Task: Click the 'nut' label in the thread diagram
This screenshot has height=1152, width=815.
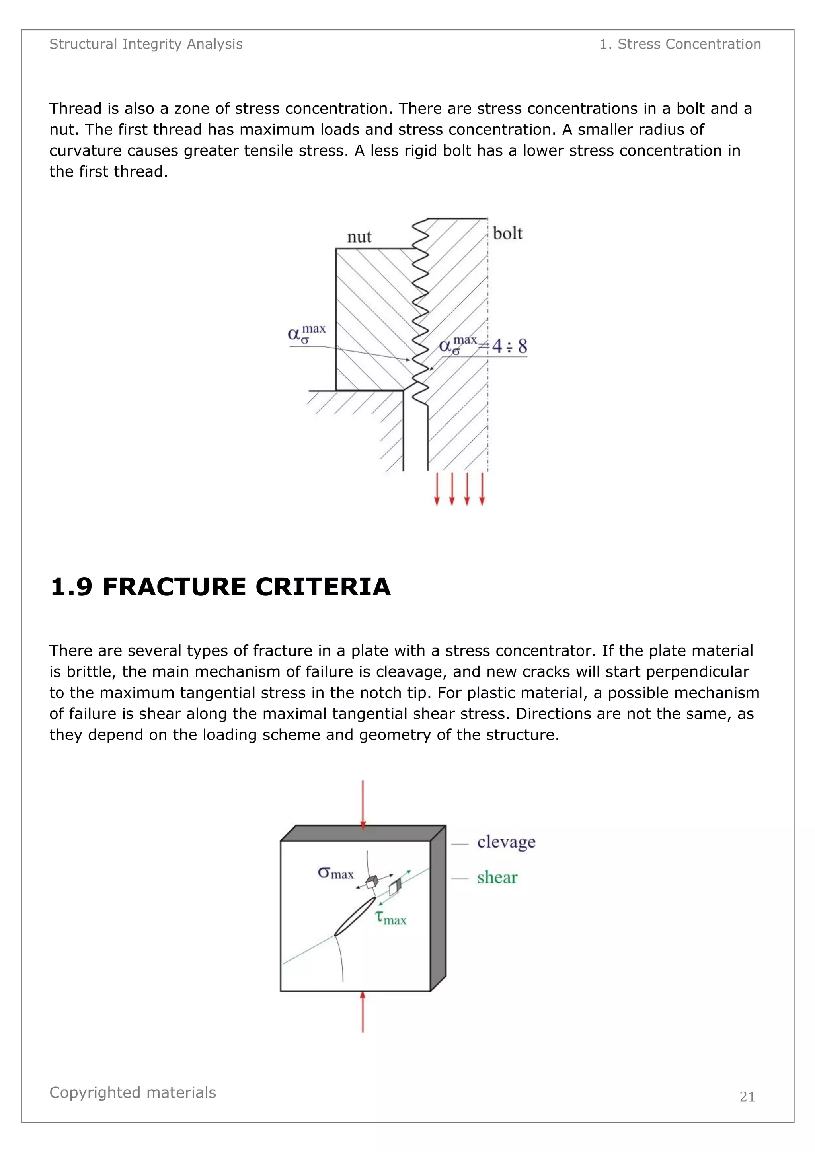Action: [x=359, y=237]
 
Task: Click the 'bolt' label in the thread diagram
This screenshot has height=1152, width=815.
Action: [x=507, y=234]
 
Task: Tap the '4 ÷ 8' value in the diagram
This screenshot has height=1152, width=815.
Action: [x=509, y=346]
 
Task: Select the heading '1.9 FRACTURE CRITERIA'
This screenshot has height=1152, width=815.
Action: [x=220, y=587]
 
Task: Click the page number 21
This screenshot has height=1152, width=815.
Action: [x=747, y=1098]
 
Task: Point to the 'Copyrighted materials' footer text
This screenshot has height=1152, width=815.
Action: [x=133, y=1092]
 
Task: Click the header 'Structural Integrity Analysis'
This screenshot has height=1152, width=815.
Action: [x=146, y=44]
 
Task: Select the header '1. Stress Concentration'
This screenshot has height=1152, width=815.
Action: [x=680, y=44]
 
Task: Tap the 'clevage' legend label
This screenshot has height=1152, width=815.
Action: [x=506, y=841]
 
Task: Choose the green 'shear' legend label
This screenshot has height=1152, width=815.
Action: [x=497, y=878]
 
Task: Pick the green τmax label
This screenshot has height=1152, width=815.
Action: [x=391, y=918]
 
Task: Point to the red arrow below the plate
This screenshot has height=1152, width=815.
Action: [x=363, y=1011]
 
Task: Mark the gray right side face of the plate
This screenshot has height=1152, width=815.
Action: [x=438, y=908]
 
